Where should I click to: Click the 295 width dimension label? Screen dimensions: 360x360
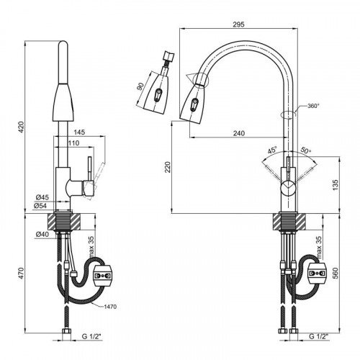coord(238,24)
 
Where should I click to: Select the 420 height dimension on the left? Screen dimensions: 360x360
coord(22,127)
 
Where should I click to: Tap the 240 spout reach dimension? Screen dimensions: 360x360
coord(239,133)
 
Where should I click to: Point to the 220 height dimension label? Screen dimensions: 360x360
coord(168,167)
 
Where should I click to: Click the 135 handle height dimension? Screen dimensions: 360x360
coord(335,185)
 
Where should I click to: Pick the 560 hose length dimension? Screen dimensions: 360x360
coord(335,273)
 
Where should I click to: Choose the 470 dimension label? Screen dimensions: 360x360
coord(22,273)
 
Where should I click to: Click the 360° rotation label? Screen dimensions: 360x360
coord(313,106)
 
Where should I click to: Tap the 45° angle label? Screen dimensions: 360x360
coord(272,150)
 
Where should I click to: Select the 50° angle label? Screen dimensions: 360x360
coord(306,150)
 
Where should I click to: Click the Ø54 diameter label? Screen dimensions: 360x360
coord(40,206)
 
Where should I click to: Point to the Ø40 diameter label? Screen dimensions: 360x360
coord(42,234)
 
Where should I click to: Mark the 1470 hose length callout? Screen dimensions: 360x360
coord(110,307)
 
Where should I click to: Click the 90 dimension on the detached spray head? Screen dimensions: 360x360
coord(140,86)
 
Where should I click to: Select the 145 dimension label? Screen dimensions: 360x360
coord(79,132)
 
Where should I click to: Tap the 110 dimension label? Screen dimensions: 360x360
coord(73,143)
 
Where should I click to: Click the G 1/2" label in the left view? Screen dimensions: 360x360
coord(91,336)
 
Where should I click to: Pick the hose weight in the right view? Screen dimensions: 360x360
coord(317,273)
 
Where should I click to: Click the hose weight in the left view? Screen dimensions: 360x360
coord(102,276)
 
